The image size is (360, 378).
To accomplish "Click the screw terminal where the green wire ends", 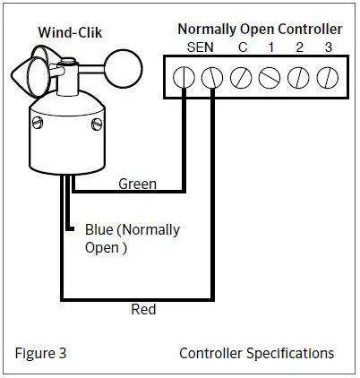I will click(x=184, y=78).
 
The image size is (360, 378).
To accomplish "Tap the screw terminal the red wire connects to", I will click(x=212, y=78).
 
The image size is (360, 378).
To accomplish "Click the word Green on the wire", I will click(x=138, y=185).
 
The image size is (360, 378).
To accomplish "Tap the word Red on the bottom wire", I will click(x=143, y=310).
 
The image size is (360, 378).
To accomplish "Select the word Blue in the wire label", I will click(x=99, y=230).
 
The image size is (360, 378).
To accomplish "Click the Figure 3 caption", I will click(x=40, y=353).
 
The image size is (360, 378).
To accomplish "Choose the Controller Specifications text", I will click(x=257, y=353).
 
